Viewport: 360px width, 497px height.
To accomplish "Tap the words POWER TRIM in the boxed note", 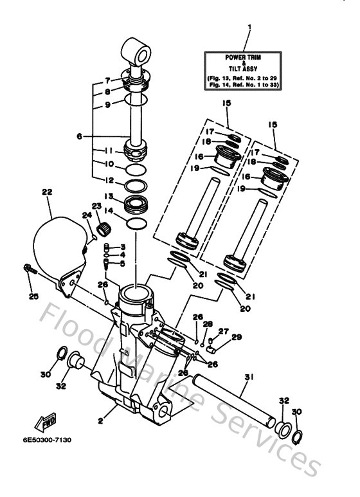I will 241,58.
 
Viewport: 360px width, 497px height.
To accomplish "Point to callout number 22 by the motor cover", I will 46,192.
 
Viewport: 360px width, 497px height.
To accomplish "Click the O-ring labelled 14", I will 136,222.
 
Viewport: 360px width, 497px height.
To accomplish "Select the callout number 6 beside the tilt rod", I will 80,136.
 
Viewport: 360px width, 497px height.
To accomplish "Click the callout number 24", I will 87,215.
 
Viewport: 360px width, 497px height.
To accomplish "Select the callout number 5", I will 123,262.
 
